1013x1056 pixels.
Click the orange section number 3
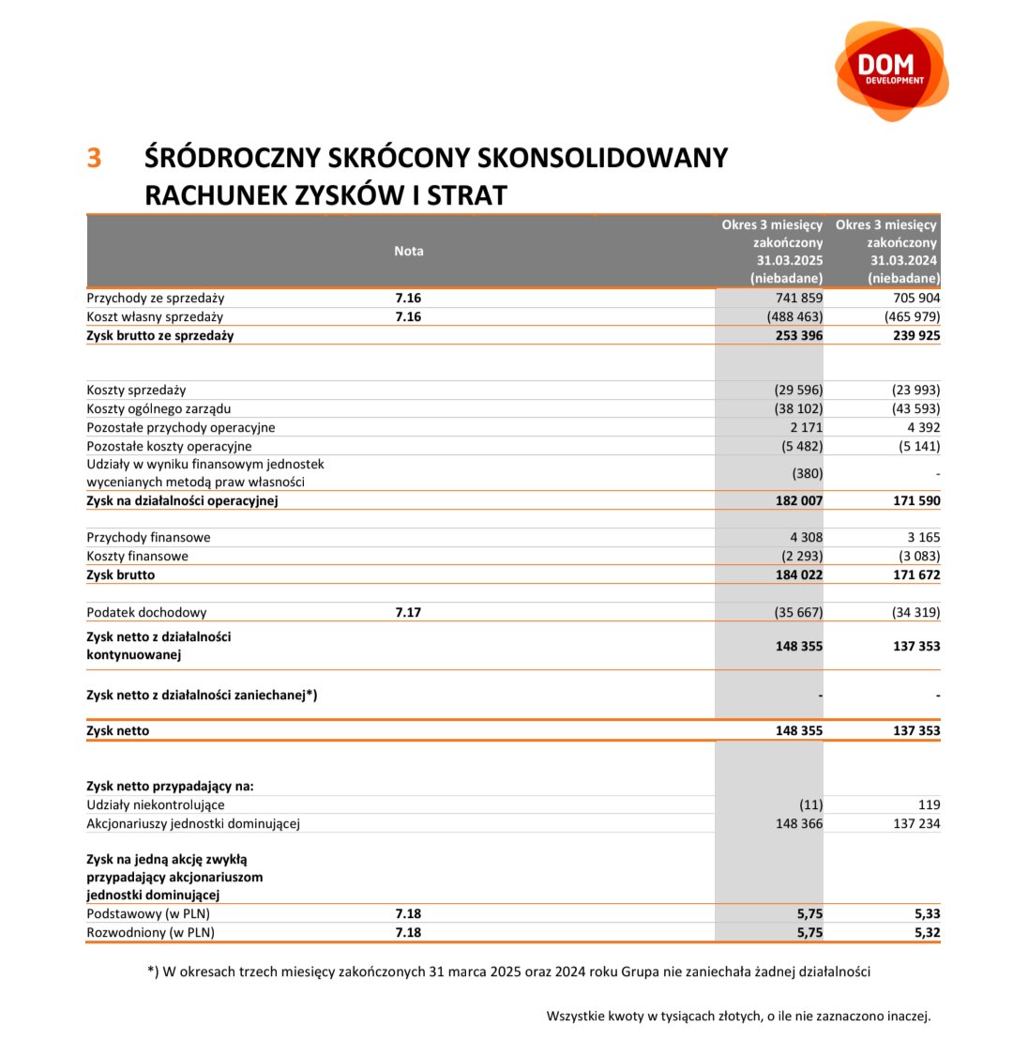[x=94, y=158]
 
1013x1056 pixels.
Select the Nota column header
[x=408, y=251]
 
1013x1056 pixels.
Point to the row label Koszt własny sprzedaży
[x=155, y=316]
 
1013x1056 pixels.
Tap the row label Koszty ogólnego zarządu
[x=159, y=408]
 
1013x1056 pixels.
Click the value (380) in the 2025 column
[x=807, y=473]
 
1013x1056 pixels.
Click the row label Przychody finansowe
[x=148, y=537]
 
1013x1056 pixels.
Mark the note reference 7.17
[x=408, y=612]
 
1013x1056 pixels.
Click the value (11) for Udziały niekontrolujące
[x=809, y=804]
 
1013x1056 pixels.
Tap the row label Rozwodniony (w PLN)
[x=150, y=932]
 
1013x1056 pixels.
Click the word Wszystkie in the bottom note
[x=575, y=1016]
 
